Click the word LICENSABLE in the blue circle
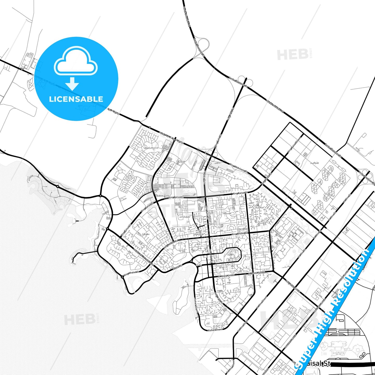pyautogui.click(x=76, y=99)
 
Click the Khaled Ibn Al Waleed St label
pyautogui.click(x=143, y=257)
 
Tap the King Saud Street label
pyautogui.click(x=292, y=286)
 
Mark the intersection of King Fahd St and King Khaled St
pyautogui.click(x=209, y=236)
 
